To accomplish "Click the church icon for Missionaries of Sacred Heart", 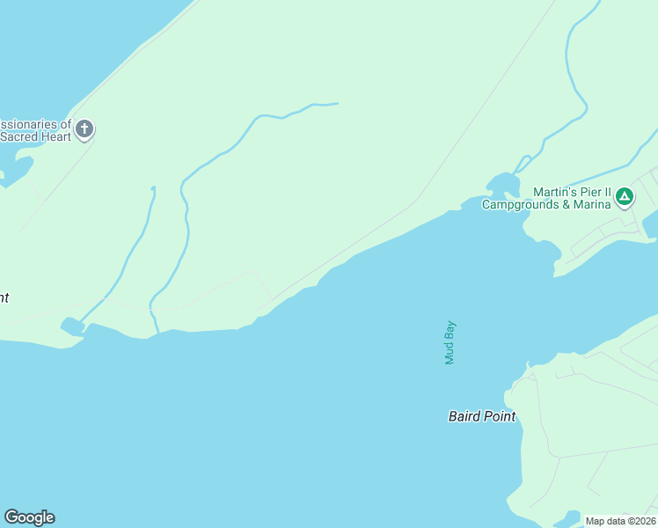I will pyautogui.click(x=84, y=129).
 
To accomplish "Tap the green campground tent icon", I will pyautogui.click(x=624, y=195).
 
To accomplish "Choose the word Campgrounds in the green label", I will pyautogui.click(x=518, y=205).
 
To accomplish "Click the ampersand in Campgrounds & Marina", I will pyautogui.click(x=565, y=205).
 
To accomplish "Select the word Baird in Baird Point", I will pyautogui.click(x=464, y=416).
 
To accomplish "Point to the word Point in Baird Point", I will pyautogui.click(x=499, y=416).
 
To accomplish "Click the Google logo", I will pyautogui.click(x=29, y=517).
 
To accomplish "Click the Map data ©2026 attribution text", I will pyautogui.click(x=620, y=521).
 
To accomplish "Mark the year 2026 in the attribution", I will pyautogui.click(x=641, y=521).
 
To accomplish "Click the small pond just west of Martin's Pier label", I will pyautogui.click(x=502, y=184).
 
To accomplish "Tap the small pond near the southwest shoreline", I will pyautogui.click(x=72, y=326).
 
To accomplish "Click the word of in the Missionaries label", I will pyautogui.click(x=64, y=124).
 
